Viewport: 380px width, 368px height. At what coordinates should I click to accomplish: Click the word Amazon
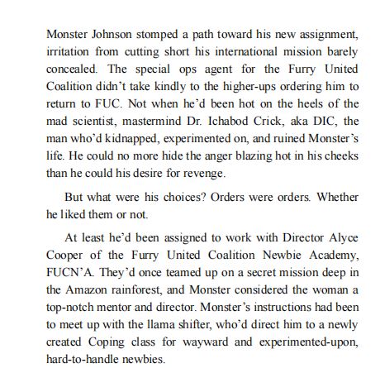(91, 290)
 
